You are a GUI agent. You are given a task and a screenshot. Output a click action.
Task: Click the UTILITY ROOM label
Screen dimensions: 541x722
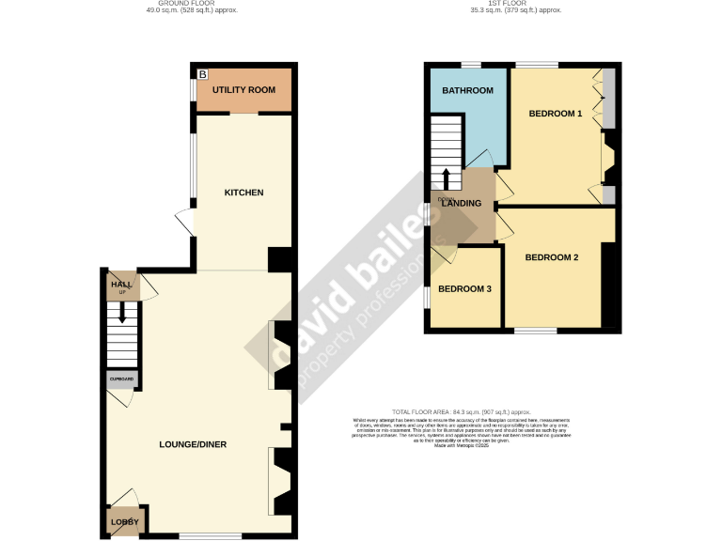(243, 90)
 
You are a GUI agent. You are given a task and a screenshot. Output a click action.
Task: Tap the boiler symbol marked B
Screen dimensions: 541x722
(202, 73)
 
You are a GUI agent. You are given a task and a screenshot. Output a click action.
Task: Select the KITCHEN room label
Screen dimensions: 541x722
(243, 193)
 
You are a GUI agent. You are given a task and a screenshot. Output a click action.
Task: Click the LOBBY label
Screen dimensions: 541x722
(124, 521)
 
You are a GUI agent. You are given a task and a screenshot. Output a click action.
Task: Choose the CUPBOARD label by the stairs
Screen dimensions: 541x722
(122, 379)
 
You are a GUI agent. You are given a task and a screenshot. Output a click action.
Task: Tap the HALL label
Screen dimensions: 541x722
(121, 284)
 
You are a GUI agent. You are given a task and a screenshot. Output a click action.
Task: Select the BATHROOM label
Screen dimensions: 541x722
(468, 90)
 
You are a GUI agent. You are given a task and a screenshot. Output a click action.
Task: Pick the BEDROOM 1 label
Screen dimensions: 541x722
(556, 114)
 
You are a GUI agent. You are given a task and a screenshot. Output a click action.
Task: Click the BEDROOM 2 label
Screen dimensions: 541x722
(552, 257)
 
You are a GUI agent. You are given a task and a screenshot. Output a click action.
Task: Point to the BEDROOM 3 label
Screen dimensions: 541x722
(465, 288)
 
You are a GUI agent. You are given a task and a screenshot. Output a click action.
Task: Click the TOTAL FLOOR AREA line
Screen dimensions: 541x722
(462, 411)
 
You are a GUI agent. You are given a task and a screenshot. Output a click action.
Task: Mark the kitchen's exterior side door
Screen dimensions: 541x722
(184, 224)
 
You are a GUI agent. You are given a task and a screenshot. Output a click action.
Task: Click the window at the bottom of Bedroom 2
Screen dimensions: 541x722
(535, 331)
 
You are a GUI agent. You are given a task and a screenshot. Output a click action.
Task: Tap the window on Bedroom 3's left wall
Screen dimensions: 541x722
(425, 296)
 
